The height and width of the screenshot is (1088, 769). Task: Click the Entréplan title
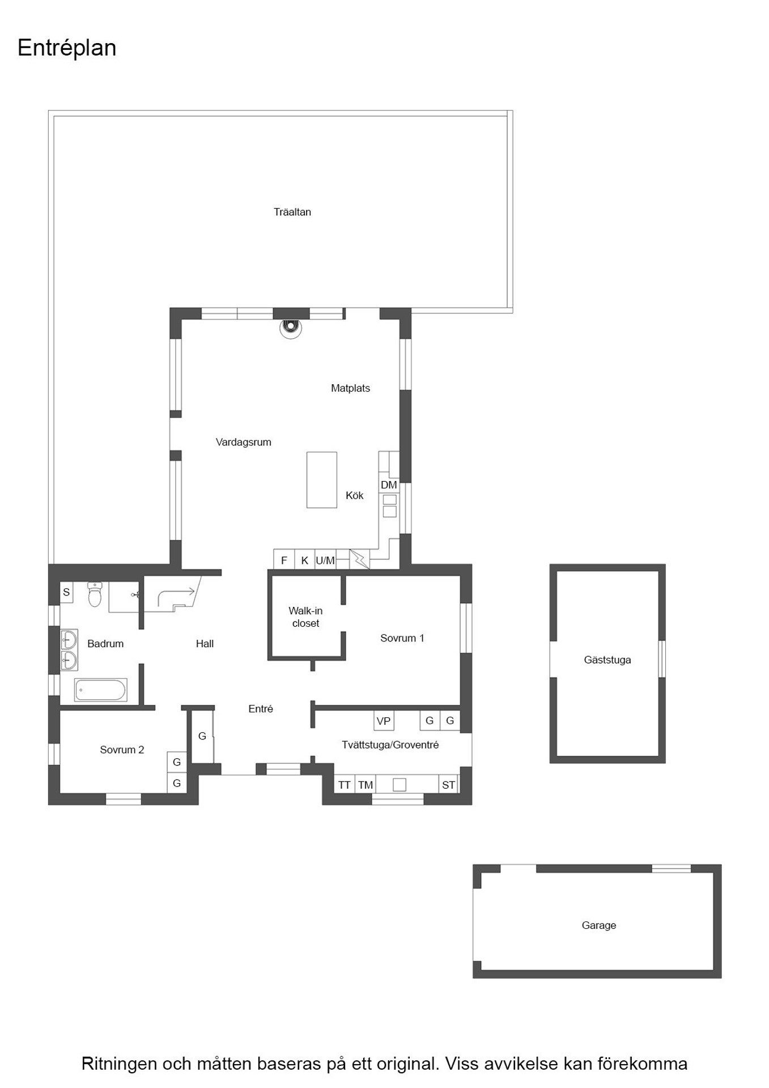pyautogui.click(x=67, y=49)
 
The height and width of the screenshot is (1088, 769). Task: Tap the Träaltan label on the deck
pyautogui.click(x=292, y=212)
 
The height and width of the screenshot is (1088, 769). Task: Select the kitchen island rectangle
pyautogui.click(x=322, y=479)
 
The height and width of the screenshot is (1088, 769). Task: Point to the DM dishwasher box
pyautogui.click(x=389, y=485)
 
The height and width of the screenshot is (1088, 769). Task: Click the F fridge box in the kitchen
pyautogui.click(x=284, y=560)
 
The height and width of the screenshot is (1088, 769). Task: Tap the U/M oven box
pyautogui.click(x=325, y=560)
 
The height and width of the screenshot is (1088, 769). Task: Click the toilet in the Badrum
pyautogui.click(x=95, y=595)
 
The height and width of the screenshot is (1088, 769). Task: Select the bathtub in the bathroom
pyautogui.click(x=101, y=690)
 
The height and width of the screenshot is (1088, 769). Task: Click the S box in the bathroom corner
pyautogui.click(x=67, y=593)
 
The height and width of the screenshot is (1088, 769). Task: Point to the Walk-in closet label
pyautogui.click(x=305, y=617)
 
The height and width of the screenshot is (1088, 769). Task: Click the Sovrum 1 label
pyautogui.click(x=402, y=638)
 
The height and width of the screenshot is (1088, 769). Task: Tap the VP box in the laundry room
pyautogui.click(x=384, y=721)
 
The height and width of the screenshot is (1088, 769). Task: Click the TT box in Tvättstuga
pyautogui.click(x=345, y=785)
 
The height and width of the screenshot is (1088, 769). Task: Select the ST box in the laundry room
pyautogui.click(x=448, y=785)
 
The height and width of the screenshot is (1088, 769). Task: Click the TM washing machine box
pyautogui.click(x=366, y=785)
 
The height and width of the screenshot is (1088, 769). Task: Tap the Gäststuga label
pyautogui.click(x=607, y=660)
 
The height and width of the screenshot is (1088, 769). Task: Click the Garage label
pyautogui.click(x=599, y=925)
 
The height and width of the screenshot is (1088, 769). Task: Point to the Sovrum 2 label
pyautogui.click(x=122, y=750)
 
